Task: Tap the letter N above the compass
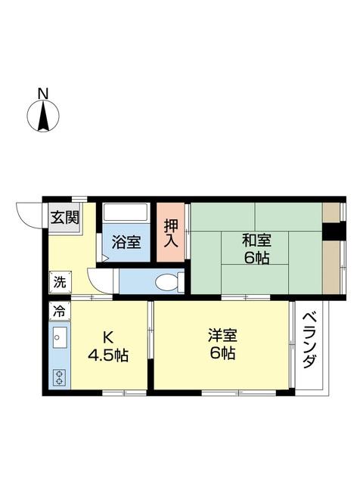tap(43, 94)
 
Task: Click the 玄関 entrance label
tap(64, 217)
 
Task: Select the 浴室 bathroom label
tap(126, 243)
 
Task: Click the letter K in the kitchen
tap(107, 337)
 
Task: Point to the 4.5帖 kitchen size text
tap(107, 355)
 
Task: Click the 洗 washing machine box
tap(59, 282)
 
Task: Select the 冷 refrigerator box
tap(59, 310)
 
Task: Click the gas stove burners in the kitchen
tap(59, 376)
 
